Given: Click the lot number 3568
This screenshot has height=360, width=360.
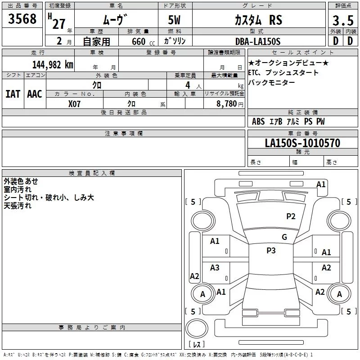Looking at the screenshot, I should coord(22,20).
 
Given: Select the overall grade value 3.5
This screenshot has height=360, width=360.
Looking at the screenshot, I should coord(342,20).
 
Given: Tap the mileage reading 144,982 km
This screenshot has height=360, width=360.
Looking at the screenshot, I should coord(53,64).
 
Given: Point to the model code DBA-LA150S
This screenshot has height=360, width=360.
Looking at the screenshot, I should coord(257,41).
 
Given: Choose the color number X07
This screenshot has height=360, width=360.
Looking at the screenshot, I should coord(75,103).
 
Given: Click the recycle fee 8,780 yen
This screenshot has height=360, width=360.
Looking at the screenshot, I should coord(225,103).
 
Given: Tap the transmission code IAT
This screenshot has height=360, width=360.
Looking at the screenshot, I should coord(13,94).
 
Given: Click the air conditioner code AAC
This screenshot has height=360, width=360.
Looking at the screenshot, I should coord(35,94).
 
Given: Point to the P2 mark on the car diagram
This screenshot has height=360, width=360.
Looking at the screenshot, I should coord(291,216).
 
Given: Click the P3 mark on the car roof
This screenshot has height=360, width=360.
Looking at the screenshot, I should coord(271,251).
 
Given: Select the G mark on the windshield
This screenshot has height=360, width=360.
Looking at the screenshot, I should coord(284,237).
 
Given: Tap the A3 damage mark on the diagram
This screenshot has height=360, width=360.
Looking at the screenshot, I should coord(215,268).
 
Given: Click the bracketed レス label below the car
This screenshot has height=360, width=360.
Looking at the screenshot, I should coord(197,344).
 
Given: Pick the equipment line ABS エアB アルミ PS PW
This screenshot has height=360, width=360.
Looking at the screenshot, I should coord(288,121).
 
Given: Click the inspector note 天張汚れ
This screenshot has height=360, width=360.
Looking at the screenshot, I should coord(18,206).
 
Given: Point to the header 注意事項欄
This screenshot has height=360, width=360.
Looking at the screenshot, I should coord(124,134).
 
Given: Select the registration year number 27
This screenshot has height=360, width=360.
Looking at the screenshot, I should coord(58,23).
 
